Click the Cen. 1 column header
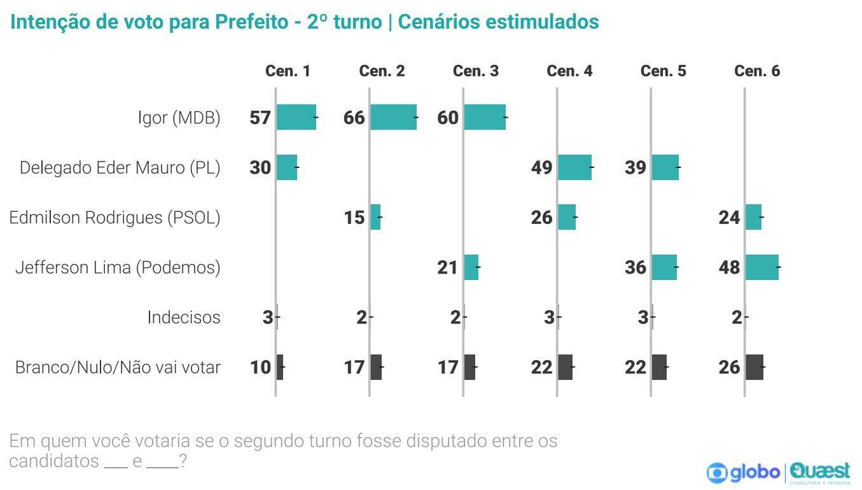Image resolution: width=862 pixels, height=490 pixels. [x=288, y=71]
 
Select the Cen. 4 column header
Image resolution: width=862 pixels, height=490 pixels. [x=569, y=71]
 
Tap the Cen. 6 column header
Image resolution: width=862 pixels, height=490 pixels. [x=757, y=71]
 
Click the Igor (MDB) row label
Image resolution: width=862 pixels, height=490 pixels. [x=179, y=118]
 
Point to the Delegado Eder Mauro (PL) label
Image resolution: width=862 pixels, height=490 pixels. [x=120, y=167]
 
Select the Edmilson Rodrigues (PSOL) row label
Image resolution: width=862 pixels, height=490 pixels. [x=115, y=218]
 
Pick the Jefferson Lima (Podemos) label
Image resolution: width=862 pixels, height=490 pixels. [x=118, y=267]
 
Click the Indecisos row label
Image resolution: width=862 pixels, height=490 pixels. [x=184, y=317]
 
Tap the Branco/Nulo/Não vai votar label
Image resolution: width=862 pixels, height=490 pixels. [x=118, y=367]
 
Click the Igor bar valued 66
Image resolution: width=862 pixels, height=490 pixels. [x=393, y=117]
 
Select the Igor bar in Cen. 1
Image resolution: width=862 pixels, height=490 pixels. [x=296, y=117]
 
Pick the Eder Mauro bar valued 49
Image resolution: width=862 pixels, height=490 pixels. [x=574, y=167]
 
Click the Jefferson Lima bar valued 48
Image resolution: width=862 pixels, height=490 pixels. [x=761, y=267]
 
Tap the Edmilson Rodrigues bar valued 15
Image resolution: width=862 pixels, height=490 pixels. [x=375, y=217]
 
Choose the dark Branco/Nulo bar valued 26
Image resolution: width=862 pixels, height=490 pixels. [x=754, y=367]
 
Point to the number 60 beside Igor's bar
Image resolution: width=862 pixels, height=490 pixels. [x=448, y=118]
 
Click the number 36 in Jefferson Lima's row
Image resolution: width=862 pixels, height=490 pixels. [x=636, y=267]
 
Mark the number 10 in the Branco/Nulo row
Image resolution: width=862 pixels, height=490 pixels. [x=261, y=367]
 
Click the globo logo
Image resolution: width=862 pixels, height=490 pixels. [x=744, y=472]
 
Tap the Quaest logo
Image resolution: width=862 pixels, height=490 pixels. [x=820, y=472]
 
